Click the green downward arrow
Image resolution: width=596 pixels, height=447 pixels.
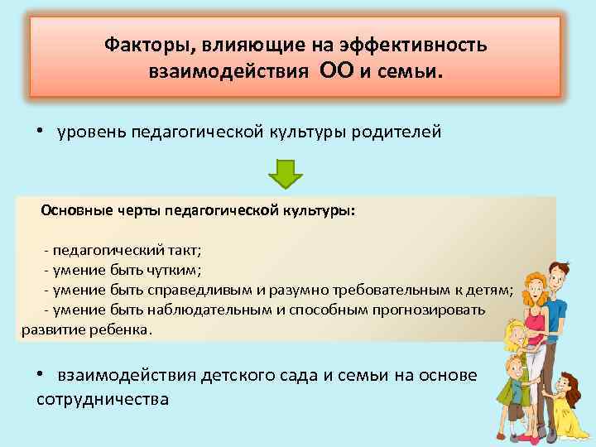[x=287, y=172]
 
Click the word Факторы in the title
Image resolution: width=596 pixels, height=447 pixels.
[x=138, y=44]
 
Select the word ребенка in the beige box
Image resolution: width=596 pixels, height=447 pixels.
[x=126, y=329]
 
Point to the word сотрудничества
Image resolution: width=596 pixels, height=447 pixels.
[x=103, y=399]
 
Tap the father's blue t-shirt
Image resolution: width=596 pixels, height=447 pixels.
[x=557, y=315]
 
